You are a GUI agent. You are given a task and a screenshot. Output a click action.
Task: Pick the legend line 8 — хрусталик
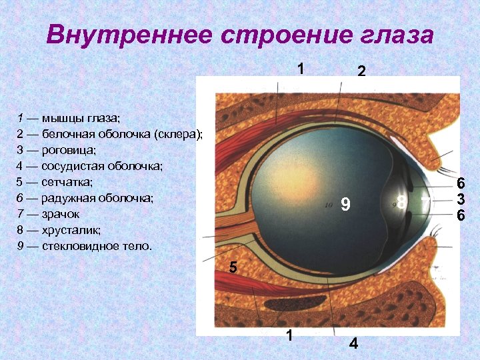(x=59, y=230)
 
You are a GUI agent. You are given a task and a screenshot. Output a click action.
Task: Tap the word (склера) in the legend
(x=178, y=134)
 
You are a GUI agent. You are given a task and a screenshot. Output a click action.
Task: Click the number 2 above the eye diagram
(x=361, y=71)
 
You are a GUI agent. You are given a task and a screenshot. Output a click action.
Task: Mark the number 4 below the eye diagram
(x=353, y=344)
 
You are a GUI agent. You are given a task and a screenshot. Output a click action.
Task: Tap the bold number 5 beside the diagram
(x=233, y=268)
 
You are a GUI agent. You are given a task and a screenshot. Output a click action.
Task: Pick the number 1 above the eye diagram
(x=301, y=69)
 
